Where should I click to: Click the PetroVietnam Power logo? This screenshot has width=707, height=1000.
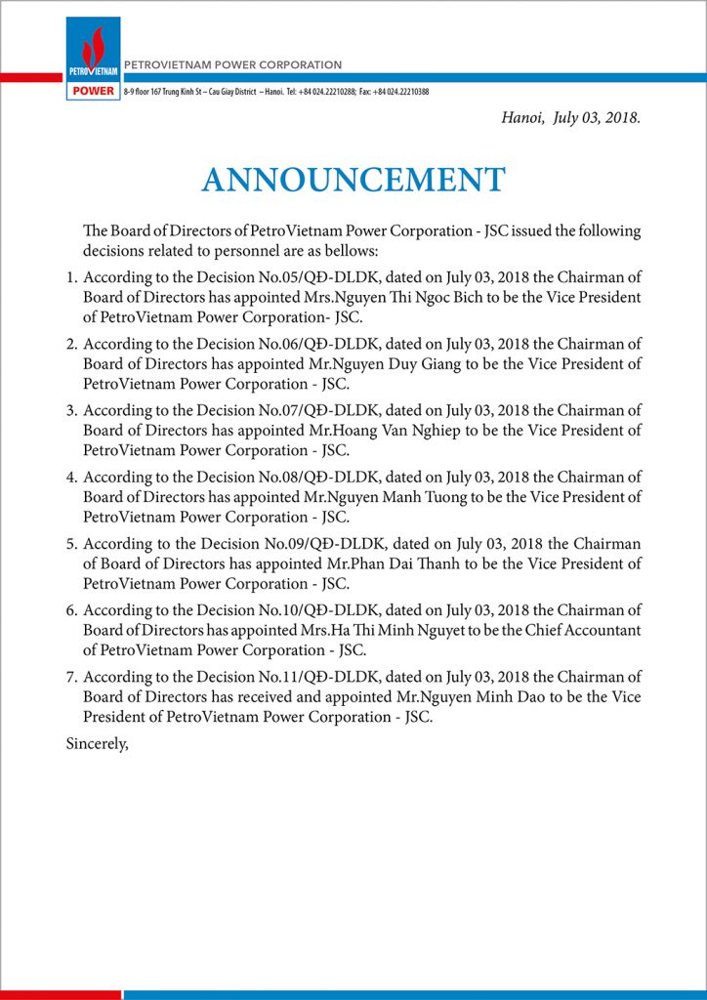(94, 59)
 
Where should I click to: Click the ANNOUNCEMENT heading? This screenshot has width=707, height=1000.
(353, 180)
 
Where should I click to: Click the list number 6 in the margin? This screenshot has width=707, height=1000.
(71, 609)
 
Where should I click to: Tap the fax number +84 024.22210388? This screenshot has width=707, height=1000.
(400, 92)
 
